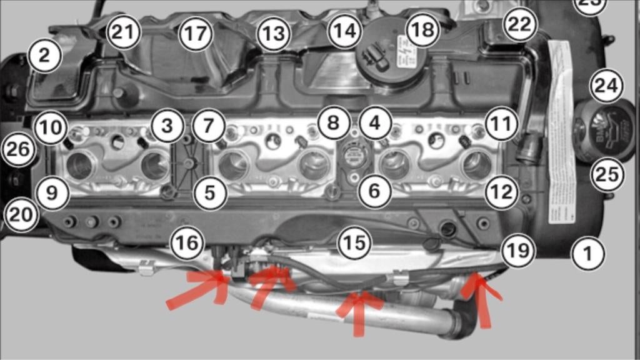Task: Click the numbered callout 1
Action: point(587,254)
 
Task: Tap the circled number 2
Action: point(43,56)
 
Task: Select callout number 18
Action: point(422,30)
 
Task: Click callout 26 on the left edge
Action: point(18,150)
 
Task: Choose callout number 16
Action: point(186,242)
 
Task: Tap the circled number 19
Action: point(518,251)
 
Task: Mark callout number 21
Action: point(122,32)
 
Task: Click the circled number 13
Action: point(273,33)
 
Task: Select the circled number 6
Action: point(374,191)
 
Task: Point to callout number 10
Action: point(51,127)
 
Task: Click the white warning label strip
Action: point(561,131)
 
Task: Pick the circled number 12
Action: point(501,192)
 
